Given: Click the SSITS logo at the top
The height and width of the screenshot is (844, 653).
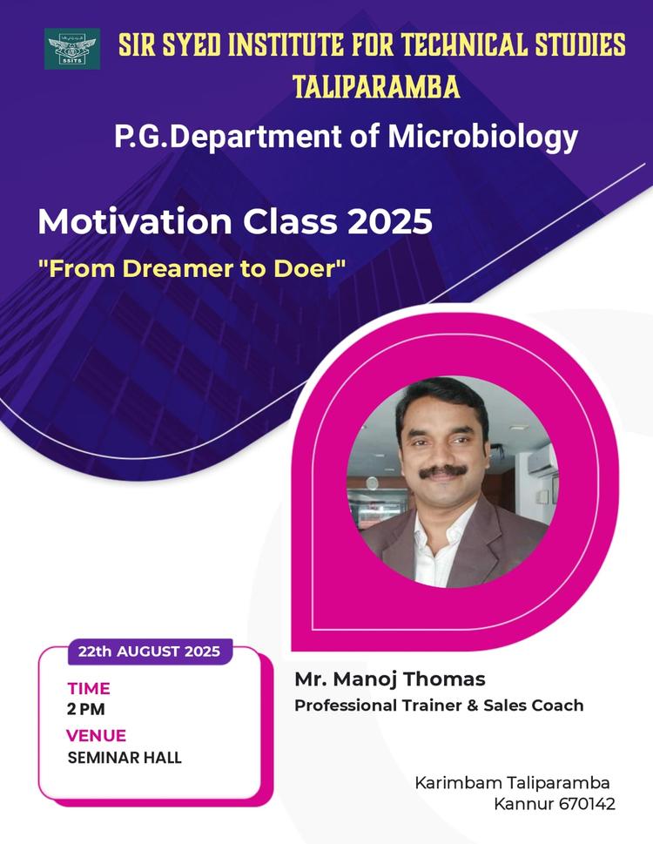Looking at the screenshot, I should pyautogui.click(x=72, y=49).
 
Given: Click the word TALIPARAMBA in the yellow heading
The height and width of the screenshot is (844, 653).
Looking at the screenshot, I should pyautogui.click(x=376, y=86).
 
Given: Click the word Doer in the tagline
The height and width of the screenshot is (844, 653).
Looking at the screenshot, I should pyautogui.click(x=310, y=268).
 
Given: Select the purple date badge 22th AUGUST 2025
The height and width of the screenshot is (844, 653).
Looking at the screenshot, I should pyautogui.click(x=149, y=651).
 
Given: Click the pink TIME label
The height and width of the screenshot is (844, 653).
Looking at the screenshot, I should pyautogui.click(x=89, y=689).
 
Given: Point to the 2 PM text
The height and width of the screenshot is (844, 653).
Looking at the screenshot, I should pyautogui.click(x=85, y=709).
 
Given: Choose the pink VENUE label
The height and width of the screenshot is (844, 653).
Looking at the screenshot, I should pyautogui.click(x=96, y=735).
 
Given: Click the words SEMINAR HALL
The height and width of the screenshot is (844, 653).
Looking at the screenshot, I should pyautogui.click(x=125, y=757).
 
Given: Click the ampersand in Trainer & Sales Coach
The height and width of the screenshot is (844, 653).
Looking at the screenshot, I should pyautogui.click(x=473, y=706).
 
